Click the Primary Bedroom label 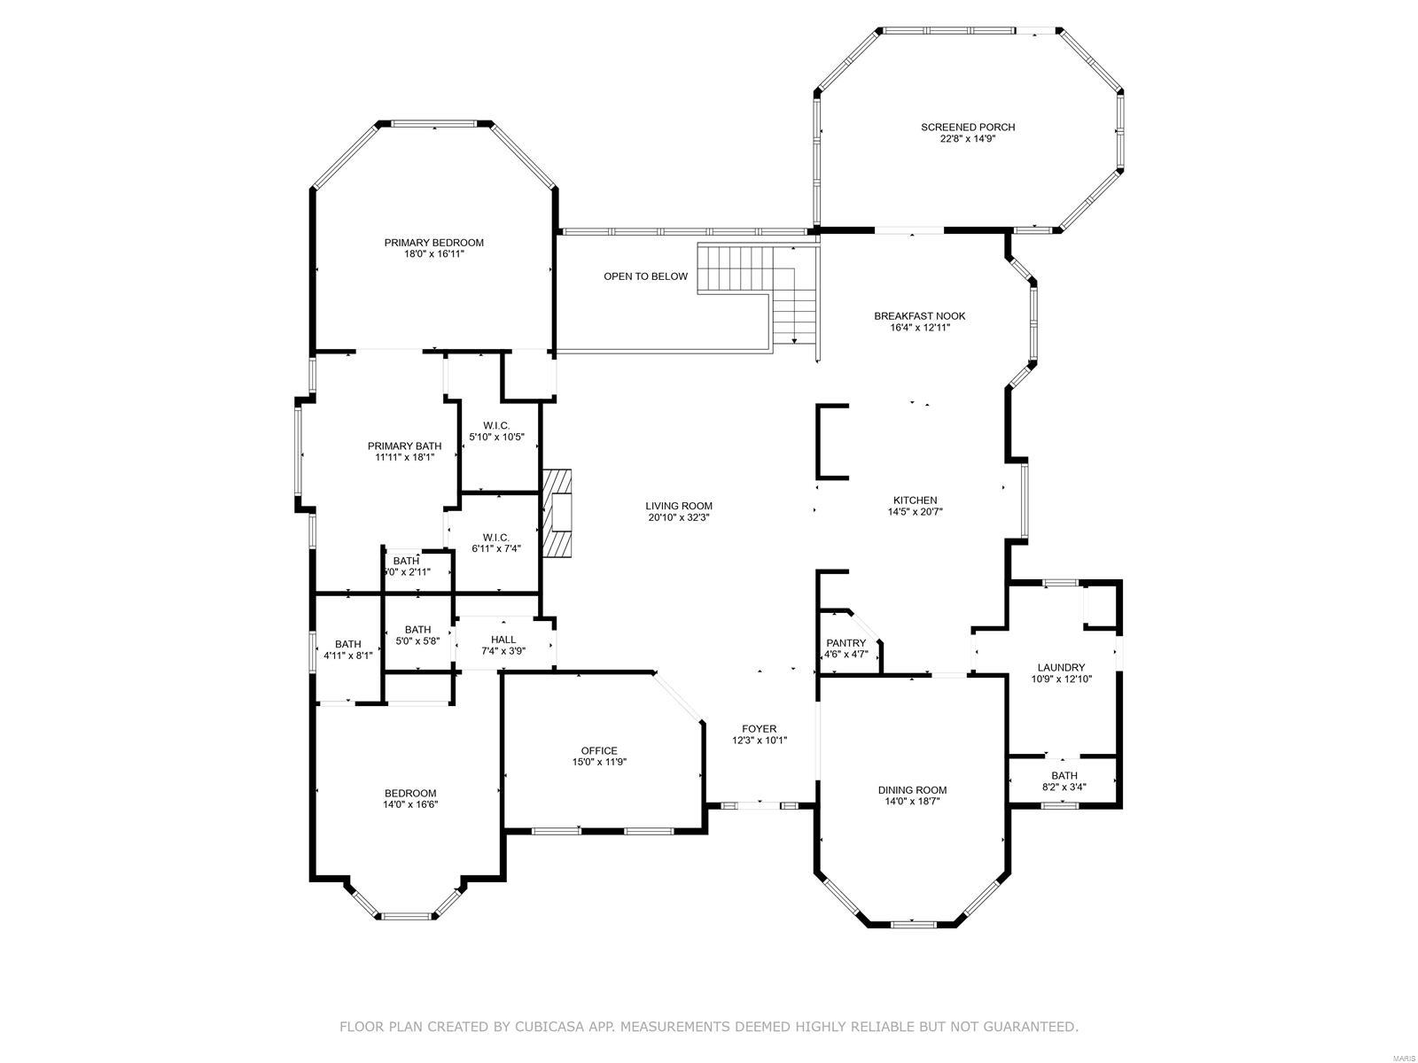tap(433, 243)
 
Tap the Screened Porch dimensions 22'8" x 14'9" tap(967, 138)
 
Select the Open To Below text tap(645, 276)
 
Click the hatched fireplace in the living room tap(558, 513)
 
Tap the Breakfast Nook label tap(919, 316)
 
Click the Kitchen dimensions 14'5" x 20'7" tap(915, 511)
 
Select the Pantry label tap(845, 643)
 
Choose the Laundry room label tap(1061, 668)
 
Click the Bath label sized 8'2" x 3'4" tap(1064, 775)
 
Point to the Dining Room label tap(912, 790)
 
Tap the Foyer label tap(759, 729)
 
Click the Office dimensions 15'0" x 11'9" tap(599, 762)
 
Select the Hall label tap(503, 640)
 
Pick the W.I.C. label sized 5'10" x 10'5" tap(496, 425)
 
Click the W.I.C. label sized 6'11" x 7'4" tap(495, 537)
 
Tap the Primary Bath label tap(404, 446)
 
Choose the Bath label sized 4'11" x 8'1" tap(347, 644)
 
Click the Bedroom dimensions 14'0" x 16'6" tap(410, 804)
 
